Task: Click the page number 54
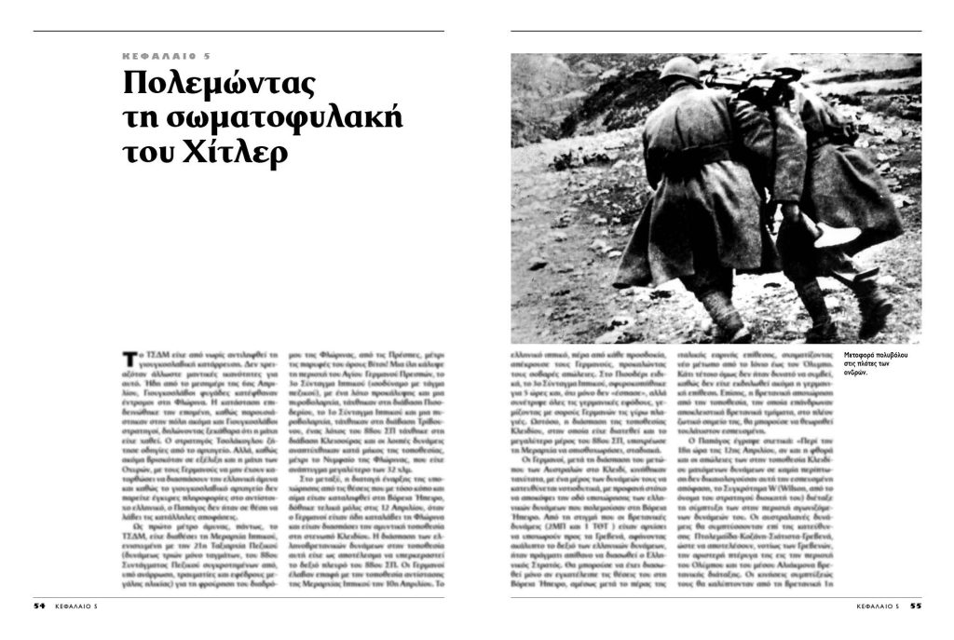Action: point(39,605)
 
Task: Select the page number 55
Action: point(915,605)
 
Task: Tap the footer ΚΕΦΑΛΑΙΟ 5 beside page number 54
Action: point(76,605)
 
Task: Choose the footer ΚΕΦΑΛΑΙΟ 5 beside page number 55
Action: point(878,605)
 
